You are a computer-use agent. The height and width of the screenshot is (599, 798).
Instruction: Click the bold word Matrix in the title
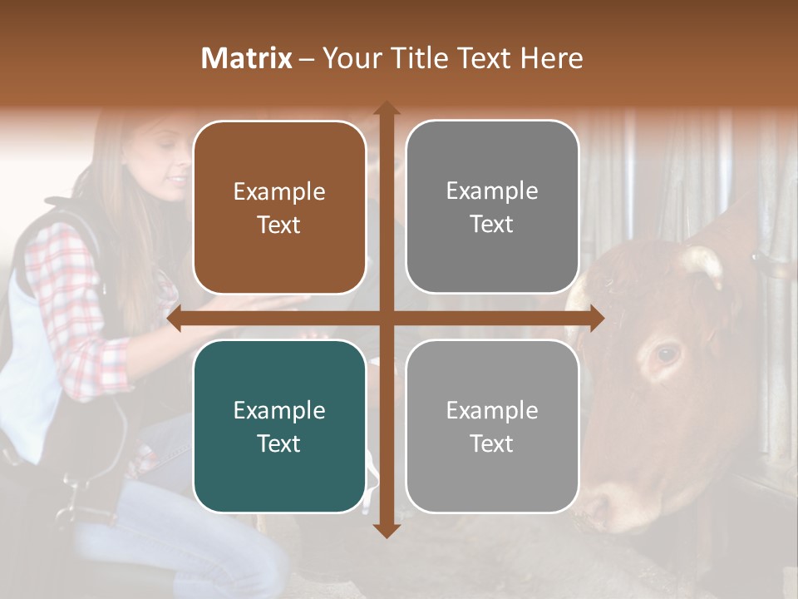click(x=247, y=58)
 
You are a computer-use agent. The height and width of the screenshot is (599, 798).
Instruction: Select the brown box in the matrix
click(x=279, y=208)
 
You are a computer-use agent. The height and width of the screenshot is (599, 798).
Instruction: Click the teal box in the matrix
click(x=279, y=426)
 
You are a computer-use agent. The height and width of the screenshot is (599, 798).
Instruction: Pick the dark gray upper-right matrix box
click(x=492, y=207)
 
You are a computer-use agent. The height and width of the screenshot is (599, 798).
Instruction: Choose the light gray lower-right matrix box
click(x=492, y=426)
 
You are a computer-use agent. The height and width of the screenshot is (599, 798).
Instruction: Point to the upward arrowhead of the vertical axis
click(x=386, y=108)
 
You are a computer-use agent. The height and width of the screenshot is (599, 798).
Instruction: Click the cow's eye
click(x=666, y=354)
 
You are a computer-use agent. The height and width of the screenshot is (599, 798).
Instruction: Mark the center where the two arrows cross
click(x=386, y=318)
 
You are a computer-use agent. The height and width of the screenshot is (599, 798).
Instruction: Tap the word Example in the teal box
click(x=279, y=410)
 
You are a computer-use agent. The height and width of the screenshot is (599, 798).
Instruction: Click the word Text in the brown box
click(x=279, y=225)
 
